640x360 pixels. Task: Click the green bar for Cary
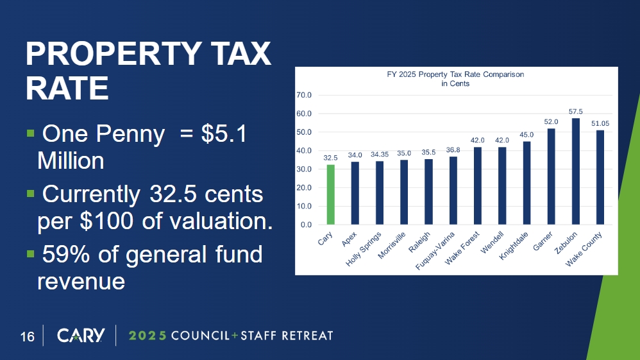pos(330,195)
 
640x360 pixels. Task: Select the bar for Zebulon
pos(575,172)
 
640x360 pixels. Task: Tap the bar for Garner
pos(551,176)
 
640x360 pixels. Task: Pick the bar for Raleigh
pos(428,192)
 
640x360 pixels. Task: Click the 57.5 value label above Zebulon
pos(575,112)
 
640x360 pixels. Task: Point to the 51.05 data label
pos(600,124)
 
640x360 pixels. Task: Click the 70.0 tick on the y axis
pos(303,95)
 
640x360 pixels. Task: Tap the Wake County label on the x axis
pos(584,250)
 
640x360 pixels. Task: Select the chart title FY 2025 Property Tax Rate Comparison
pos(455,74)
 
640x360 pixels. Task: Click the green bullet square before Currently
pos(29,193)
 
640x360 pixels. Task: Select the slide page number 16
pos(27,336)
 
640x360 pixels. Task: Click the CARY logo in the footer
pos(80,336)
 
